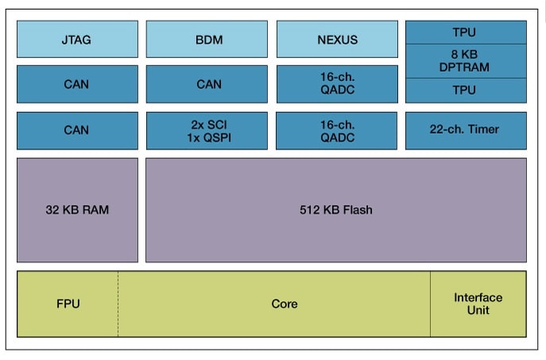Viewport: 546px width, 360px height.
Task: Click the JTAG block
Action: point(77,39)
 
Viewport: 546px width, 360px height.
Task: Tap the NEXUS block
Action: point(337,39)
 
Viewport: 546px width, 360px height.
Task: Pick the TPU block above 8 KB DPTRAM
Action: point(466,32)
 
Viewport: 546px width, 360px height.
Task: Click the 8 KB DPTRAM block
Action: point(466,61)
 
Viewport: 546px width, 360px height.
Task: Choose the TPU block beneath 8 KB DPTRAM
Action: point(466,91)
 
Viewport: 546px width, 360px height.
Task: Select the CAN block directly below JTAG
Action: point(77,84)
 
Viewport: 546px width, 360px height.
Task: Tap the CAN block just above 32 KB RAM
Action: point(77,130)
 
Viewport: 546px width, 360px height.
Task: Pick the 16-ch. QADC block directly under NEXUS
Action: point(337,84)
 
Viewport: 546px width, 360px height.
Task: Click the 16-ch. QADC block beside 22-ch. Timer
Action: point(337,130)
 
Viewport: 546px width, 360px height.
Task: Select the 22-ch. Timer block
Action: point(466,130)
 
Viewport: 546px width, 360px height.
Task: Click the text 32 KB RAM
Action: point(77,211)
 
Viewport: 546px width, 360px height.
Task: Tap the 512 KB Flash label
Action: point(335,211)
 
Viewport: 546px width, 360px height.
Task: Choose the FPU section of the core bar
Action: point(68,304)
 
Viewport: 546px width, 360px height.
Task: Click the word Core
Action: point(284,304)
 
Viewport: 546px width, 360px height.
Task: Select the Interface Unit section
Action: point(478,304)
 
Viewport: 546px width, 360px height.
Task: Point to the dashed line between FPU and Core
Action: point(118,304)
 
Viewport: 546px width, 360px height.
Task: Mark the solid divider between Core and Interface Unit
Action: point(431,304)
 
